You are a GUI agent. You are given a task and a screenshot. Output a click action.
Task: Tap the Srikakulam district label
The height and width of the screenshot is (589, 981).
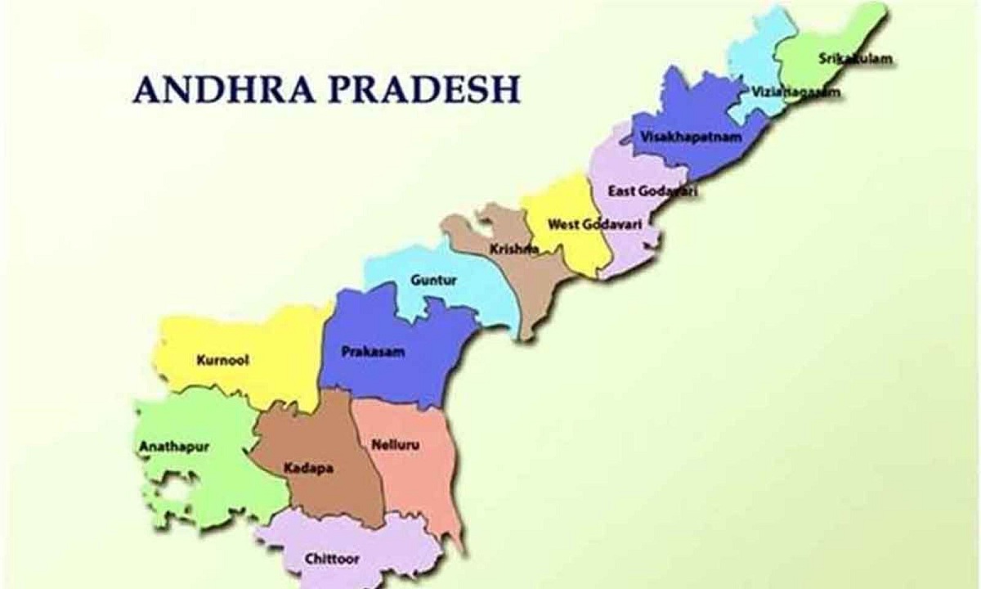click(x=854, y=59)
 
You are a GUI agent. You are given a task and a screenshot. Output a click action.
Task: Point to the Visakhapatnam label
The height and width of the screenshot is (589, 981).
click(x=692, y=137)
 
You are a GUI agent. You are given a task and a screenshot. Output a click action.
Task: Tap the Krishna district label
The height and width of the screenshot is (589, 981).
click(x=513, y=248)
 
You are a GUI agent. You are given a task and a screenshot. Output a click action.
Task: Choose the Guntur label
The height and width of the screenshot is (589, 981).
click(x=434, y=281)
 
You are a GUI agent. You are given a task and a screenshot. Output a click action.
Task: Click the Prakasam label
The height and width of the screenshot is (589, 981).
click(x=372, y=353)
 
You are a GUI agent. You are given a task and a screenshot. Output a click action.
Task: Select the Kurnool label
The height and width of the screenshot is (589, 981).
click(x=222, y=359)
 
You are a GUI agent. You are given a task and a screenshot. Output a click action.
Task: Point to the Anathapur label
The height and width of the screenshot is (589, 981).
click(x=174, y=447)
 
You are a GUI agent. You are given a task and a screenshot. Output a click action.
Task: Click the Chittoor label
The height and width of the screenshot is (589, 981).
click(x=332, y=559)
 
